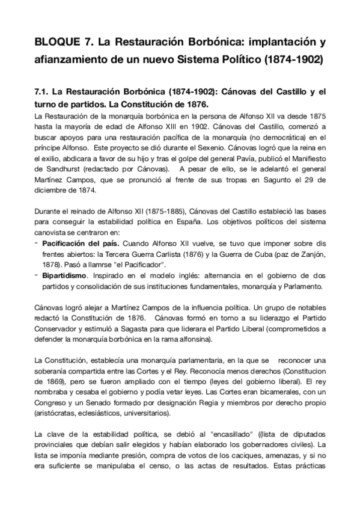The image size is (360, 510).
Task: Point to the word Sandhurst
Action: pos(62,169)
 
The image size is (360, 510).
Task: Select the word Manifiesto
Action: pos(304,159)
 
